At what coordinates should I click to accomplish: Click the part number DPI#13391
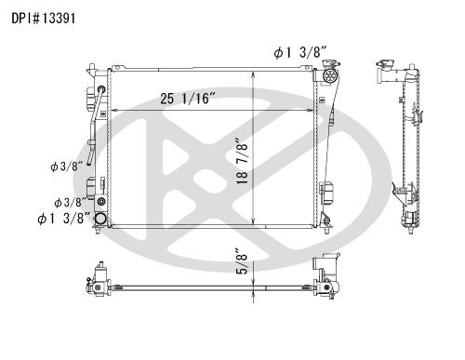click(44, 19)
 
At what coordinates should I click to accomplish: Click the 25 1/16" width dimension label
click(188, 99)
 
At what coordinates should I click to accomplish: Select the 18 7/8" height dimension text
click(243, 161)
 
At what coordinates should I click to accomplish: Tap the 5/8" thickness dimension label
click(243, 260)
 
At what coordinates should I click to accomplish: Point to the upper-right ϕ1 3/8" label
click(300, 52)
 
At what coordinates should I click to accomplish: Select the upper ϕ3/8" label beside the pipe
click(67, 167)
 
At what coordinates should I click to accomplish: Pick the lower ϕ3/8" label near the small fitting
click(70, 203)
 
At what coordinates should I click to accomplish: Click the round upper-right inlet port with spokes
click(329, 75)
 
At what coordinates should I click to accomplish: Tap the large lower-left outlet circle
click(100, 219)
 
